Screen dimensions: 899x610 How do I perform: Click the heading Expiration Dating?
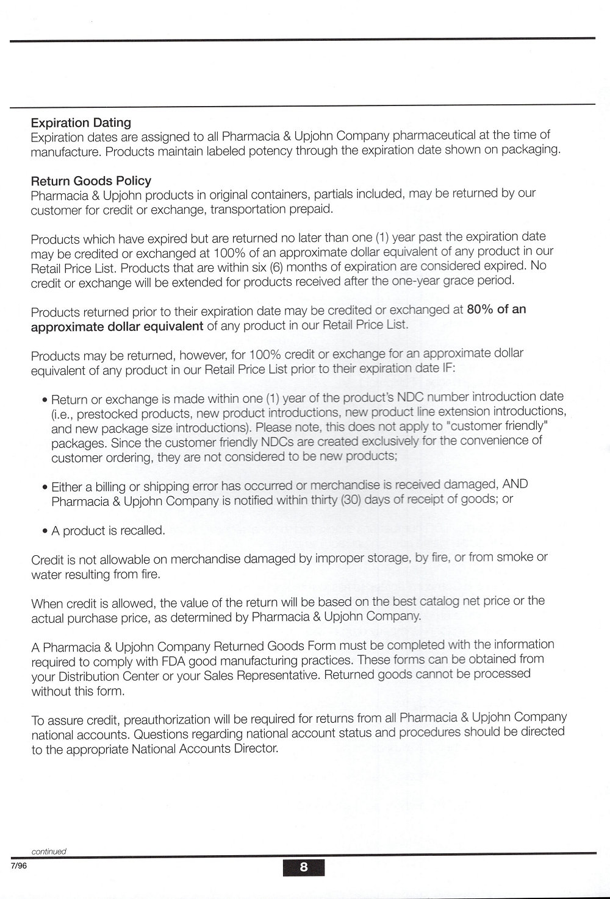pos(81,122)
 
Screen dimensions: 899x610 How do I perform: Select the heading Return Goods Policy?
pos(91,180)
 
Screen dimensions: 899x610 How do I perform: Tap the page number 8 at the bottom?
pos(304,867)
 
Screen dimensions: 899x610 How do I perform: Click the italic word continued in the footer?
pos(49,851)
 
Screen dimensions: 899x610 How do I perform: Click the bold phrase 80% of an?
pos(496,309)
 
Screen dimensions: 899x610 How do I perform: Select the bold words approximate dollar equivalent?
pos(117,325)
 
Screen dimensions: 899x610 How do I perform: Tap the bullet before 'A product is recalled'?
pos(45,531)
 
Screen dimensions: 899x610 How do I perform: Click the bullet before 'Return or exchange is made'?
pos(45,400)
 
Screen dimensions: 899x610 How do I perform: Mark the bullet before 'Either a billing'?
pos(45,488)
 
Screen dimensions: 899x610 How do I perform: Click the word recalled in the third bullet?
pos(143,531)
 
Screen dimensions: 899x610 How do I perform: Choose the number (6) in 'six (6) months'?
pos(275,266)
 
